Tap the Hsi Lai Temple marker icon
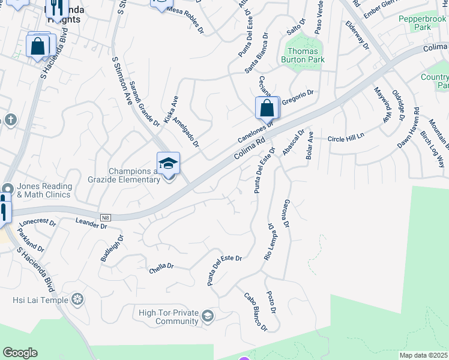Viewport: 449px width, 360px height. point(77,299)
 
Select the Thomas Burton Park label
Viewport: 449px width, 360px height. point(304,55)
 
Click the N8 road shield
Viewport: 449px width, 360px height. point(106,217)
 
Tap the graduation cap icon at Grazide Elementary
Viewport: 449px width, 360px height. point(168,163)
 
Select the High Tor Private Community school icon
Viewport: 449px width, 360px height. point(207,316)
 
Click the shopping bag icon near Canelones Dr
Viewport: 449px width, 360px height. point(267,109)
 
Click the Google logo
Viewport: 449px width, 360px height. point(20,353)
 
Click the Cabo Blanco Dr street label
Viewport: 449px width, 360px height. point(255,311)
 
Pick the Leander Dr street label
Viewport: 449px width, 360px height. point(91,224)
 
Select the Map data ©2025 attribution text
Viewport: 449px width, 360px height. point(424,355)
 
